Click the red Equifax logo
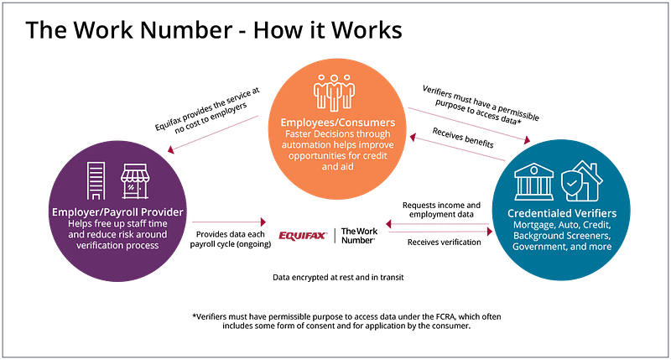[303, 237]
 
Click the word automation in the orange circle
[304, 145]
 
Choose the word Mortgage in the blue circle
[537, 225]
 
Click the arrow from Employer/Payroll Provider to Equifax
[224, 222]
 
